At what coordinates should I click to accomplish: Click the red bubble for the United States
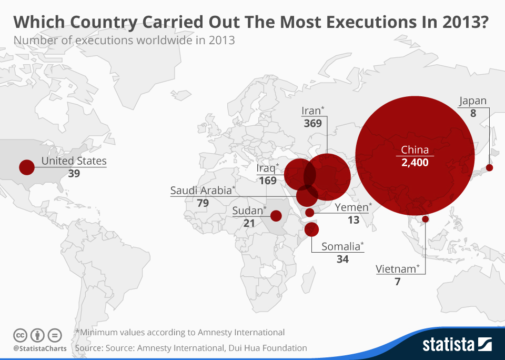(x=26, y=167)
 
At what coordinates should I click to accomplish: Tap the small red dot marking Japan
(x=489, y=168)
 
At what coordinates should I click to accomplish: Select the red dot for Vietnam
(x=425, y=219)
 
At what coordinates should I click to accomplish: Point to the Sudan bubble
(x=276, y=215)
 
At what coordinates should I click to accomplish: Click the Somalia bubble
(x=312, y=229)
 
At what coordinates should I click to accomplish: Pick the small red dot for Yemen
(x=310, y=213)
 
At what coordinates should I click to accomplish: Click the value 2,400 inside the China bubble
(x=415, y=163)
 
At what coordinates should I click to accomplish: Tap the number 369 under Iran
(x=313, y=124)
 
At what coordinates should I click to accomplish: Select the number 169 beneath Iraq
(x=268, y=181)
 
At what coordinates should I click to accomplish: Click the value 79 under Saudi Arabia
(x=203, y=203)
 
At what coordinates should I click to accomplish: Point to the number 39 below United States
(x=74, y=173)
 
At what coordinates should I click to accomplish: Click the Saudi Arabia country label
(x=203, y=191)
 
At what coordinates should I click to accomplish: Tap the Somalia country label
(x=342, y=246)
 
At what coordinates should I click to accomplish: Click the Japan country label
(x=472, y=101)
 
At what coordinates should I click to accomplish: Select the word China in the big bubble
(x=415, y=150)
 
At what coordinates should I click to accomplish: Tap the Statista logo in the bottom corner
(x=457, y=345)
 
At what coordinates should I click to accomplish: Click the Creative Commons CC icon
(x=21, y=335)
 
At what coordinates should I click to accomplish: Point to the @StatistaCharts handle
(x=40, y=348)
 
